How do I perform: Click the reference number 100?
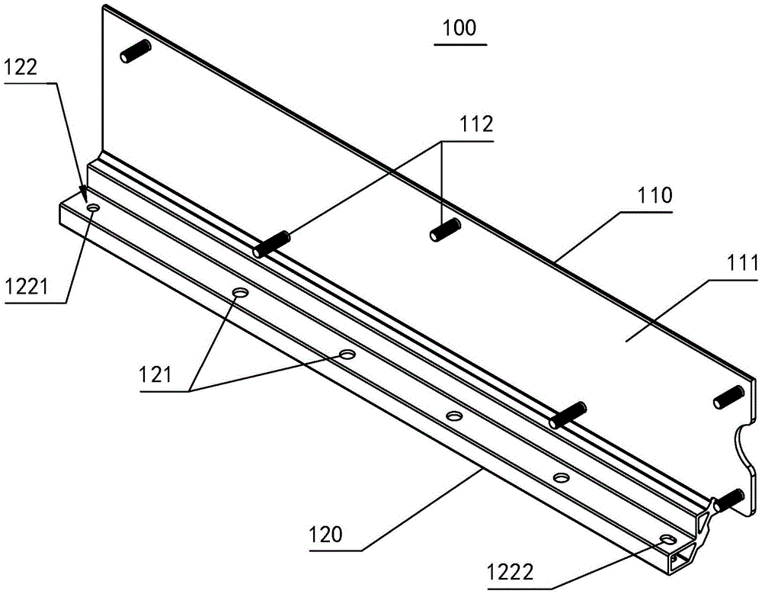(459, 28)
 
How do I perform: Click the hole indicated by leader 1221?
(93, 207)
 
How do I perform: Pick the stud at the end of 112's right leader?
(445, 229)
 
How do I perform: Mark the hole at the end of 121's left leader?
(241, 293)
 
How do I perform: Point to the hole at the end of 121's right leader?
(347, 355)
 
